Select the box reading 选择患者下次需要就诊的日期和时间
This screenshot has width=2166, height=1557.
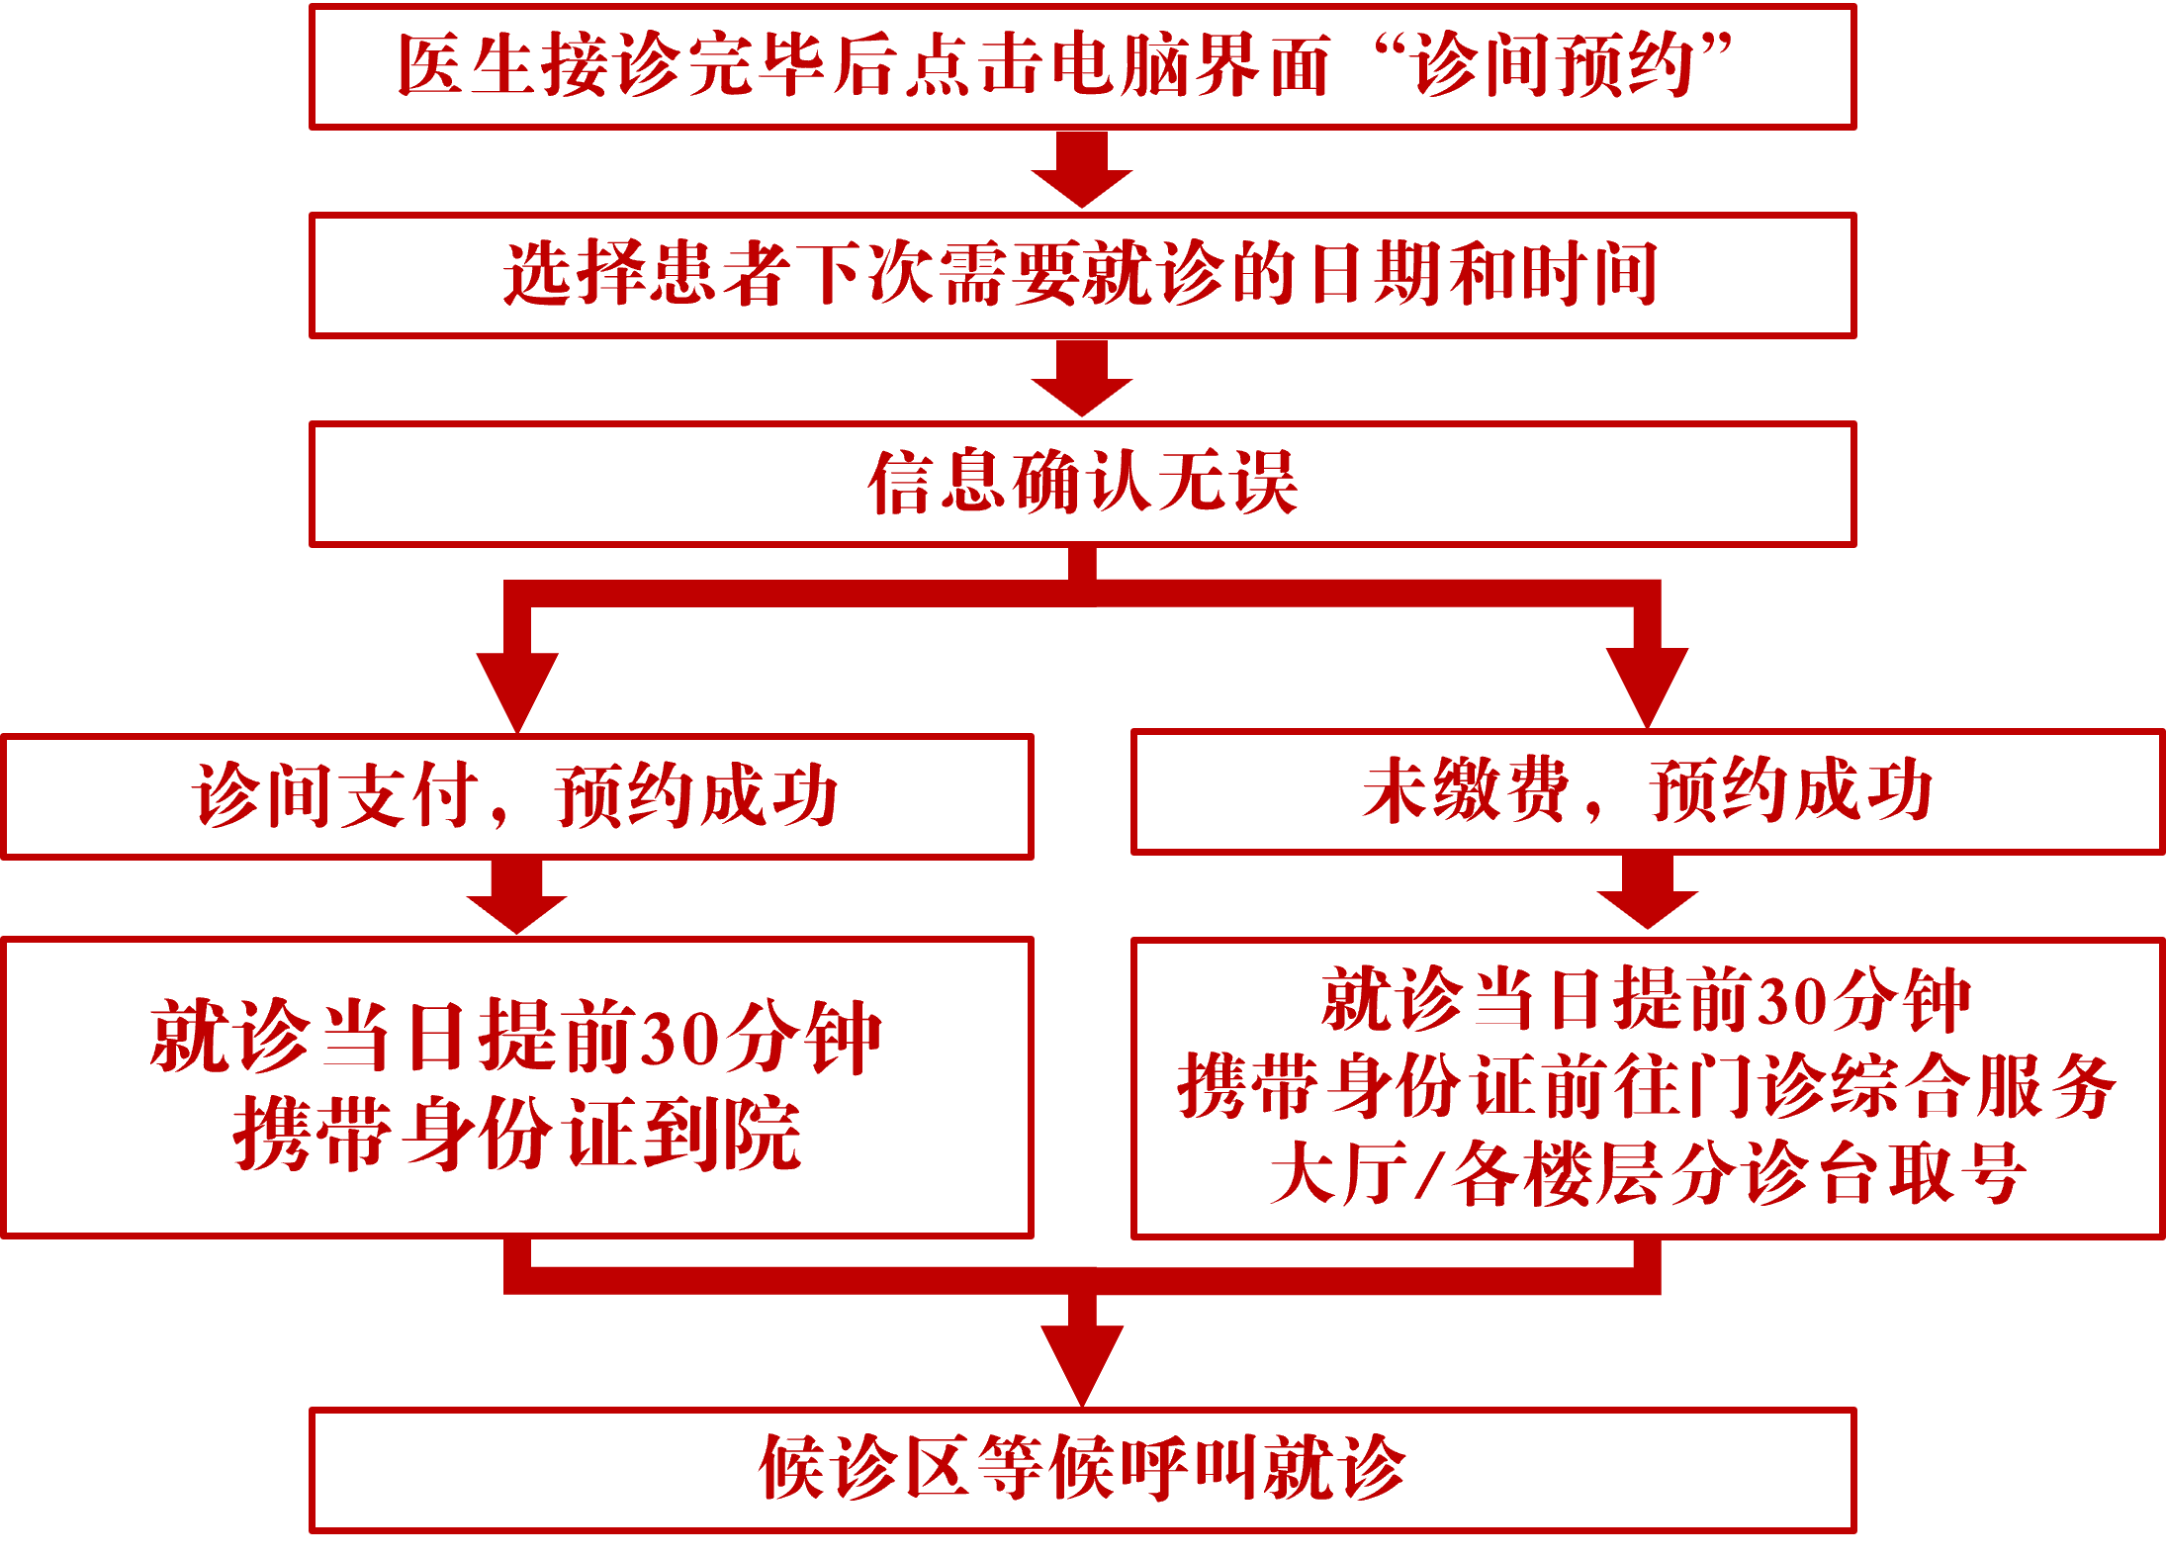1082,275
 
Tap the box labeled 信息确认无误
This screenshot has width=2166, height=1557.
1082,484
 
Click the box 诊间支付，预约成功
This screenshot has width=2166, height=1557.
517,796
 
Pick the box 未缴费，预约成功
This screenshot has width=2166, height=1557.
1648,791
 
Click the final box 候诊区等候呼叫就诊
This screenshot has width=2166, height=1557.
1082,1470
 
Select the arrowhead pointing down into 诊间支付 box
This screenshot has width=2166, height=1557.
517,687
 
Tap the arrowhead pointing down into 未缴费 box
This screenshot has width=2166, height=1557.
1647,683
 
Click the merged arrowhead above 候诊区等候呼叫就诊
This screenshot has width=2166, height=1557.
1082,1360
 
